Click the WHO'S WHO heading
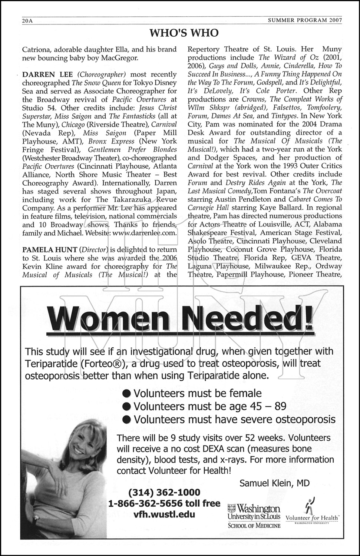coord(184,33)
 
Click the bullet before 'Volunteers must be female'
coord(127,393)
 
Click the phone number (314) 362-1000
coord(164,493)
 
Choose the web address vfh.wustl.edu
coord(164,514)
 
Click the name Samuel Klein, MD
coord(274,483)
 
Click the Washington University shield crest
coord(232,507)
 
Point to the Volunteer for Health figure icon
coord(309,504)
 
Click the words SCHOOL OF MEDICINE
coord(254,525)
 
